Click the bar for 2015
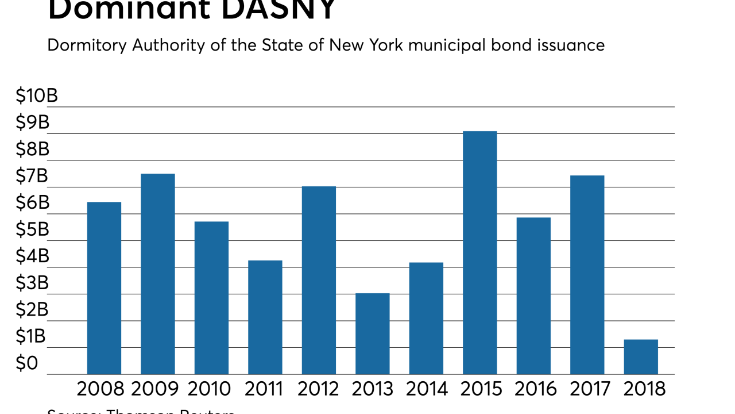click(479, 253)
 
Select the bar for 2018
click(641, 357)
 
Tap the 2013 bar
click(372, 334)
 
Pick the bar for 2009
click(157, 274)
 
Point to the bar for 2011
click(265, 317)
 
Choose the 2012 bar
click(319, 281)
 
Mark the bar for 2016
click(533, 296)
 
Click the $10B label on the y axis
click(37, 96)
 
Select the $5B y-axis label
click(33, 230)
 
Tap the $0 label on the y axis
click(27, 364)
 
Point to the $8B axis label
click(33, 149)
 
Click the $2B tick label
click(33, 310)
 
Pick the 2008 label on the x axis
click(100, 389)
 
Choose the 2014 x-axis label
click(427, 389)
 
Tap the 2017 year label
click(590, 389)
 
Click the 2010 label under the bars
click(210, 389)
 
